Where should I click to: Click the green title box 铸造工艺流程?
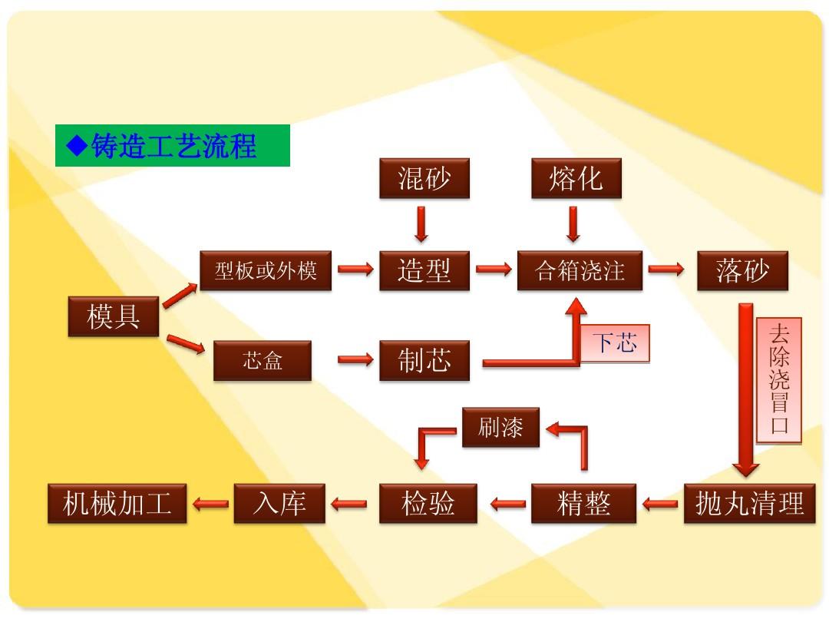coord(172,145)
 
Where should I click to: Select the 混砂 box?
coord(424,180)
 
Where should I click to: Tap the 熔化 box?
coord(576,180)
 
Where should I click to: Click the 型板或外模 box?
coord(265,270)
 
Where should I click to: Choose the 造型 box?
coord(424,270)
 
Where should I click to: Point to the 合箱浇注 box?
coord(580,270)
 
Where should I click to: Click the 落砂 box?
coord(742,270)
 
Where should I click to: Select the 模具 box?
coord(114,316)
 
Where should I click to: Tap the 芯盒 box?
coord(263,361)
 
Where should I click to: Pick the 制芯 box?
coord(424,361)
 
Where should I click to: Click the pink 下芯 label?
coord(615,342)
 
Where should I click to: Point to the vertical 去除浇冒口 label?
coord(779,380)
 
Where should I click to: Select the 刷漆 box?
coord(500,427)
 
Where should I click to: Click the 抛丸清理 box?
coord(749,504)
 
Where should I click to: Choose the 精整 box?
coord(584,504)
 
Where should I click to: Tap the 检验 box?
coord(428,504)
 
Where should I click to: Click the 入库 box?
coord(279,504)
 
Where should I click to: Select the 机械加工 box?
coord(117,504)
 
